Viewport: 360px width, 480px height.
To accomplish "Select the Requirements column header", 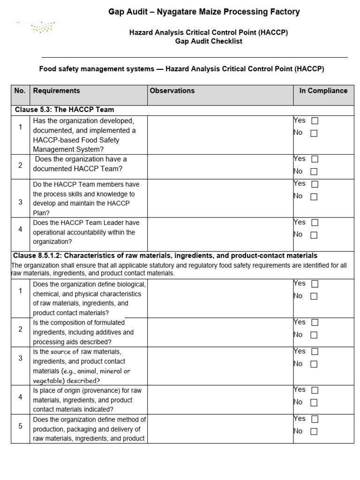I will [x=56, y=91].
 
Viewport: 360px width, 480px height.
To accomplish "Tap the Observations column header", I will [x=172, y=91].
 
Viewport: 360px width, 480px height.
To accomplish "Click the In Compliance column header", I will [x=323, y=91].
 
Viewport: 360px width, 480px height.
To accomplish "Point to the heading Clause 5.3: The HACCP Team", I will [x=64, y=110].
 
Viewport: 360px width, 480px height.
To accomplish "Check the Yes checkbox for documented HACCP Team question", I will [x=314, y=159].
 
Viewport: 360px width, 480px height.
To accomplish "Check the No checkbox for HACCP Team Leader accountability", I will [x=314, y=235].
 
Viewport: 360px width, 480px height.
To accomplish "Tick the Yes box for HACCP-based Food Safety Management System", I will [x=315, y=121].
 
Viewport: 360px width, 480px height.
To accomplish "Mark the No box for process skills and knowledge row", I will [x=314, y=197].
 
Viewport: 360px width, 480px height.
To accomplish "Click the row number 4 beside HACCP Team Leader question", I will [x=20, y=229].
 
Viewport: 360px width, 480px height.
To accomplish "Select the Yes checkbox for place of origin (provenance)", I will [x=314, y=390].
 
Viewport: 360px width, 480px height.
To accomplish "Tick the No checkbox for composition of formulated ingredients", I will [x=314, y=335].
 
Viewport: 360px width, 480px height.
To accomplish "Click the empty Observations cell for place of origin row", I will [x=220, y=399].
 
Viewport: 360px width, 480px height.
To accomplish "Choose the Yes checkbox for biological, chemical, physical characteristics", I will [x=314, y=284].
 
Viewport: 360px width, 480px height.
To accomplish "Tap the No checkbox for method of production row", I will [x=314, y=432].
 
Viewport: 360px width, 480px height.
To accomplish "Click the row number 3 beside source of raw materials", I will [x=20, y=358].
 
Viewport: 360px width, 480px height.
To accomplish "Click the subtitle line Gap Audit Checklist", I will [x=209, y=41].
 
